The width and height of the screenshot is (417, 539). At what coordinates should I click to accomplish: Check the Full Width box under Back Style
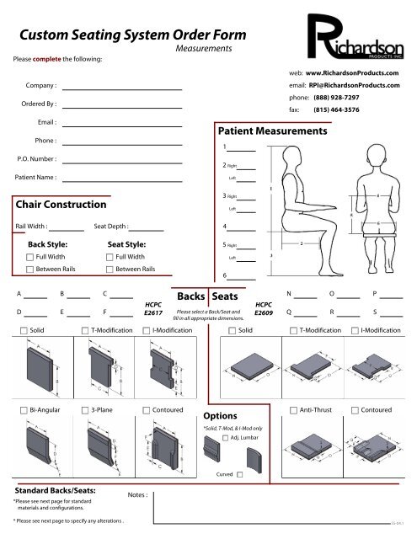tap(30, 256)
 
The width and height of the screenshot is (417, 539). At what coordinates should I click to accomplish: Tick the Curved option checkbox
tap(240, 475)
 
